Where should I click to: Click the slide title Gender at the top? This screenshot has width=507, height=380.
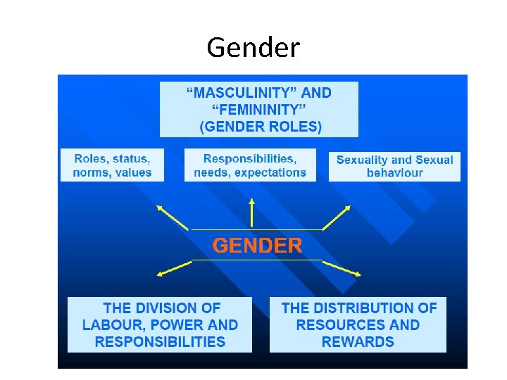tap(253, 48)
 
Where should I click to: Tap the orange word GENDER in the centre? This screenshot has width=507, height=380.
tap(258, 246)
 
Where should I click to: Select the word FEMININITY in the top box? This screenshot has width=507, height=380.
tap(258, 109)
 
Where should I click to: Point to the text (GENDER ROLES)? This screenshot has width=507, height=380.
tap(261, 127)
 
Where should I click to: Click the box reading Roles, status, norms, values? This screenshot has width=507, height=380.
tap(113, 166)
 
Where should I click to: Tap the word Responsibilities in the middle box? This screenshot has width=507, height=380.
tap(249, 159)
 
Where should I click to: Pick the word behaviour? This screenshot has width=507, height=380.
tap(394, 173)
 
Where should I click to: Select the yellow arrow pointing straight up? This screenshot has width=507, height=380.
tap(251, 211)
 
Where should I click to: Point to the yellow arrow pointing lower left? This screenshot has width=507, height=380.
tap(173, 268)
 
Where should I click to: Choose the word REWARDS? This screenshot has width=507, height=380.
tap(358, 342)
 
